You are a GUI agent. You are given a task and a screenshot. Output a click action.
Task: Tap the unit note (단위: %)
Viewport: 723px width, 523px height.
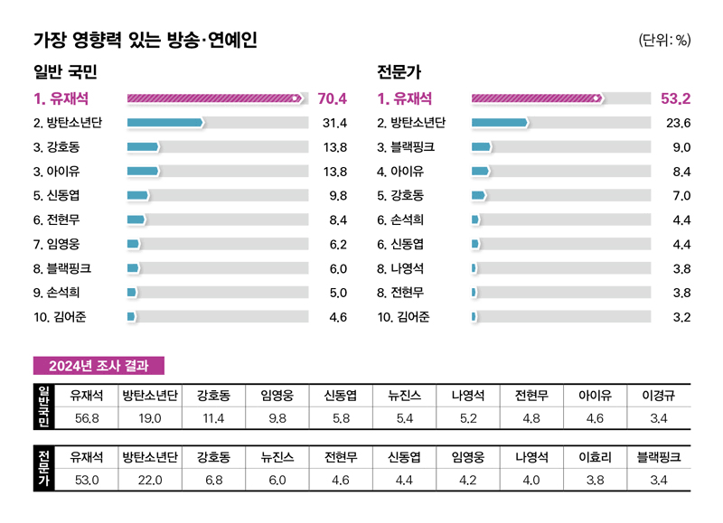[x=664, y=40]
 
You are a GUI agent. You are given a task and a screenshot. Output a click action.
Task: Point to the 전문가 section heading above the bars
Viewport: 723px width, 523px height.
[x=399, y=71]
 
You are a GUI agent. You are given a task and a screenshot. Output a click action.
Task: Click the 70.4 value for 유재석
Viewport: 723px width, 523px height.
[x=332, y=98]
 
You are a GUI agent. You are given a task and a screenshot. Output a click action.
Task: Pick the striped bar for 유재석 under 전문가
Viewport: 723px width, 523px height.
[x=537, y=98]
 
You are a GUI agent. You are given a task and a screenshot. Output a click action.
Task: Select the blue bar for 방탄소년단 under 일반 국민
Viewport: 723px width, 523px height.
[x=164, y=123]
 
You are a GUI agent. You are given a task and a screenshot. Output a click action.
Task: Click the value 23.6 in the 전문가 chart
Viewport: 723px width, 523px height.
[x=678, y=123]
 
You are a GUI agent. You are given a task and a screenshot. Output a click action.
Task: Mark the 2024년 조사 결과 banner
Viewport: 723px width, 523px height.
[x=99, y=365]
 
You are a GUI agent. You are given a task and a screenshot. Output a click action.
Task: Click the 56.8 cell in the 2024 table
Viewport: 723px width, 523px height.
[x=87, y=418]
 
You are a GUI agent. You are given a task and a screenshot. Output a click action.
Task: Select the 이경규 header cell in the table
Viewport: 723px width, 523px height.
[x=659, y=395]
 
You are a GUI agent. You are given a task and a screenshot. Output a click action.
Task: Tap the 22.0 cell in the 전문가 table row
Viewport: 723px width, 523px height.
[x=150, y=481]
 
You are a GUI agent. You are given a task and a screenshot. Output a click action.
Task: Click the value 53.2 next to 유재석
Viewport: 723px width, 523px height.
[x=675, y=98]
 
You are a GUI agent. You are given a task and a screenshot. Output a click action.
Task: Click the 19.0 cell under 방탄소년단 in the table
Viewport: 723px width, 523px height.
[x=150, y=418]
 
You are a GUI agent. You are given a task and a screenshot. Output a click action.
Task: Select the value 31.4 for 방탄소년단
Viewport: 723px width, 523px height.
[x=334, y=123]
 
